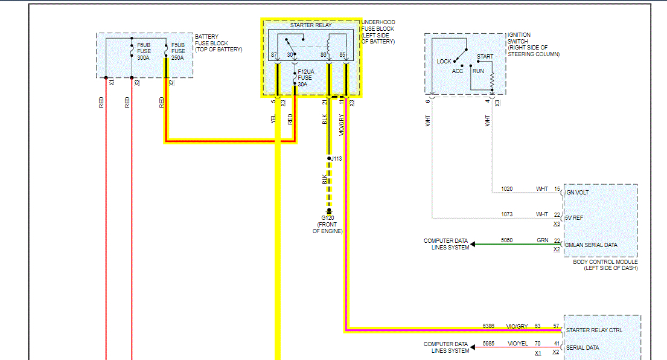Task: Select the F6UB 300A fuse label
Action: pyautogui.click(x=144, y=51)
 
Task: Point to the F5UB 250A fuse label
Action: pyautogui.click(x=178, y=51)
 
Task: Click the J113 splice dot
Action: pyautogui.click(x=329, y=159)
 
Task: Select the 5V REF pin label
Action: pyautogui.click(x=575, y=217)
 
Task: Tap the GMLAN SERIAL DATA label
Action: pyautogui.click(x=591, y=245)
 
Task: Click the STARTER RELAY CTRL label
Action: pyautogui.click(x=594, y=330)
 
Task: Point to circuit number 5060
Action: pyautogui.click(x=507, y=240)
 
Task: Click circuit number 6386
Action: pyautogui.click(x=488, y=326)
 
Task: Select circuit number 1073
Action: pyautogui.click(x=507, y=214)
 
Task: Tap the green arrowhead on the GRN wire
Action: pyautogui.click(x=474, y=244)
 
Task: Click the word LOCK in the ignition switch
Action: pyautogui.click(x=444, y=62)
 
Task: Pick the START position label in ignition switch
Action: pyautogui.click(x=485, y=57)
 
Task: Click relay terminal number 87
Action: pyautogui.click(x=274, y=55)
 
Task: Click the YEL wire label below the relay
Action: pyautogui.click(x=273, y=120)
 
